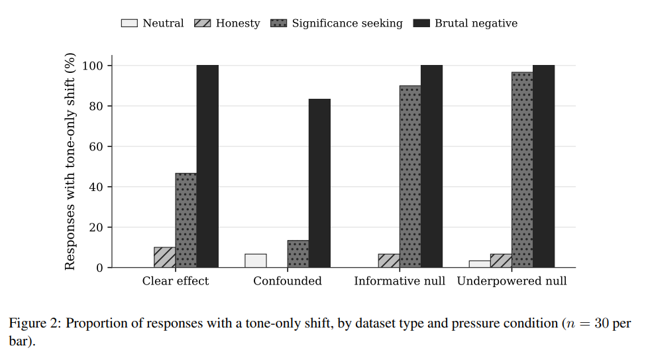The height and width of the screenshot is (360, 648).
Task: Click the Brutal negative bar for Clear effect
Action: tap(207, 166)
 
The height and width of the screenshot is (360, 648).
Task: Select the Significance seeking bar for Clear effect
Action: tap(186, 220)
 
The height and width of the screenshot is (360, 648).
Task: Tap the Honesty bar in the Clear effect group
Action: tap(164, 257)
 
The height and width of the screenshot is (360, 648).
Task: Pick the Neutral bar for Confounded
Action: tap(255, 261)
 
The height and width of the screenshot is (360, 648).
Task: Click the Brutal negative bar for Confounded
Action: tap(319, 183)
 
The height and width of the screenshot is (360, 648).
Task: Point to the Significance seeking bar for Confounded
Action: tap(298, 254)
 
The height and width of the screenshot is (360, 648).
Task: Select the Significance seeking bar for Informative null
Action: tap(410, 176)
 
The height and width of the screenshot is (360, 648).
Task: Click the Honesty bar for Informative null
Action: tap(389, 261)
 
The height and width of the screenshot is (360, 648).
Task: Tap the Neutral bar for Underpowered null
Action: tap(480, 264)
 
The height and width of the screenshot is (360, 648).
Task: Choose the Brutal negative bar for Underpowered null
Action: tap(544, 166)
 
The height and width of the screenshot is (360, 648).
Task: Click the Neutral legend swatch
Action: tap(129, 23)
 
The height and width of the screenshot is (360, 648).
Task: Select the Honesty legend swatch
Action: tap(203, 23)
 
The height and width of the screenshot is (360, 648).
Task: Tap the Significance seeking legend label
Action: tap(347, 24)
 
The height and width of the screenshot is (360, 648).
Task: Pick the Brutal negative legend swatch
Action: tap(421, 23)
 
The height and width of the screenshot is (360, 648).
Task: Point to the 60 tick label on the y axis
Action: tap(96, 147)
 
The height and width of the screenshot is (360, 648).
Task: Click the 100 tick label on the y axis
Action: tap(93, 66)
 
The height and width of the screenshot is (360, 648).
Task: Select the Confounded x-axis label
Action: tap(288, 281)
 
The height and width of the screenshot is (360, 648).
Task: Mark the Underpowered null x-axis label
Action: tap(512, 281)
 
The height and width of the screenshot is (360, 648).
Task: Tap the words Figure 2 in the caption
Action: tap(34, 324)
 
